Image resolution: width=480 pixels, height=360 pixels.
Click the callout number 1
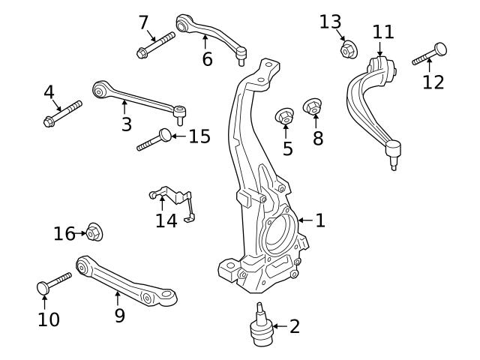click(x=320, y=220)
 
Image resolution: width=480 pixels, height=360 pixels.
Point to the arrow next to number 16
click(x=81, y=234)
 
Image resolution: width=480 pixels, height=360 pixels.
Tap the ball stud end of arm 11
click(x=392, y=154)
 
